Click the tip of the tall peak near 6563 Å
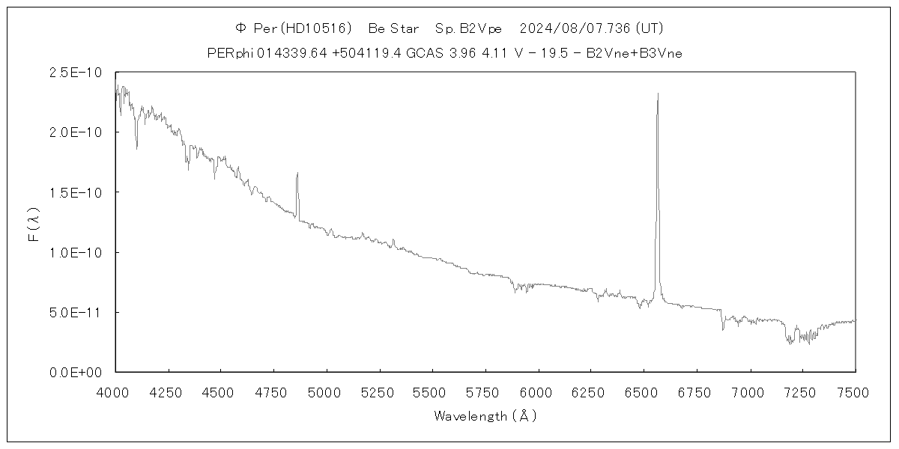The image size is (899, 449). tap(658, 94)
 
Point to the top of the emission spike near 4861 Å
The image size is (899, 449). tap(297, 173)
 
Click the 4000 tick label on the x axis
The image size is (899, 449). tap(115, 391)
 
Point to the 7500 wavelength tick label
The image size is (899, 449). tap(855, 391)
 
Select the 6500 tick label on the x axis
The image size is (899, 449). tap(644, 391)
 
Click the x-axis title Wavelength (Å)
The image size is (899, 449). tap(485, 416)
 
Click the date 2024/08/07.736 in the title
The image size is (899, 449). tap(575, 28)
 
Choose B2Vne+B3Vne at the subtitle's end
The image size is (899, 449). tap(634, 53)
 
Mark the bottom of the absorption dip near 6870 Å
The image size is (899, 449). tap(723, 329)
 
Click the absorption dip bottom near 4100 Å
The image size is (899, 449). tap(136, 148)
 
